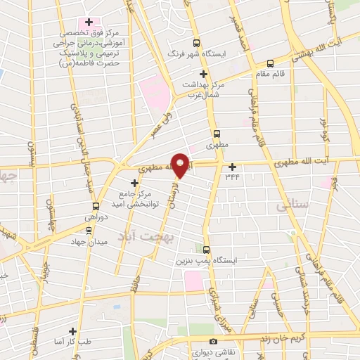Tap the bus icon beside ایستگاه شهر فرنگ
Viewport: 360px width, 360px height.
tap(196, 42)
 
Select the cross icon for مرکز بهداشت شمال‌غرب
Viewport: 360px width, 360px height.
tap(204, 74)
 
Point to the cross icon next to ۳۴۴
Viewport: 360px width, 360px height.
tap(232, 166)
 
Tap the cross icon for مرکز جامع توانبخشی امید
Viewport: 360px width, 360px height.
tap(135, 183)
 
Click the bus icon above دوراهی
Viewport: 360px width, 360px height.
tap(96, 207)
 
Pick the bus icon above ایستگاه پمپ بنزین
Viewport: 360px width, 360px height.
tap(206, 249)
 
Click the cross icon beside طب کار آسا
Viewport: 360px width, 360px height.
tap(72, 330)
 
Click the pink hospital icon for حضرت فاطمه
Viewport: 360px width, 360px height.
tap(87, 20)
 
